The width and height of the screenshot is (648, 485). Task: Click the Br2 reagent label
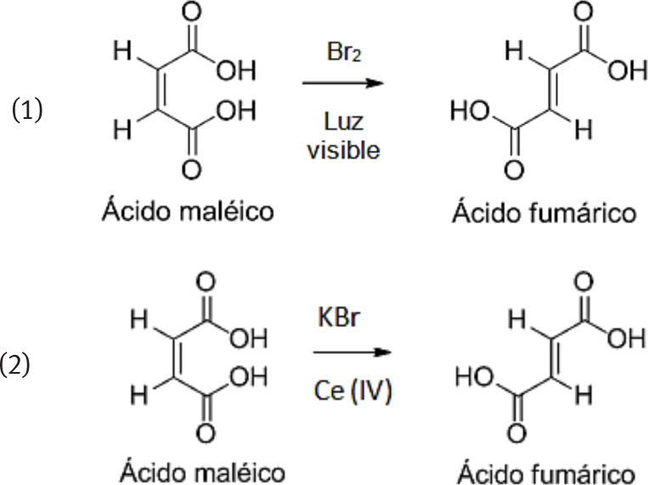click(x=344, y=51)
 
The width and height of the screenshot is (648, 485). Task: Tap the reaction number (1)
click(x=28, y=111)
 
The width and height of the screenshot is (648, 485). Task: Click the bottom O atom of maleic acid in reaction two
click(x=205, y=435)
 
